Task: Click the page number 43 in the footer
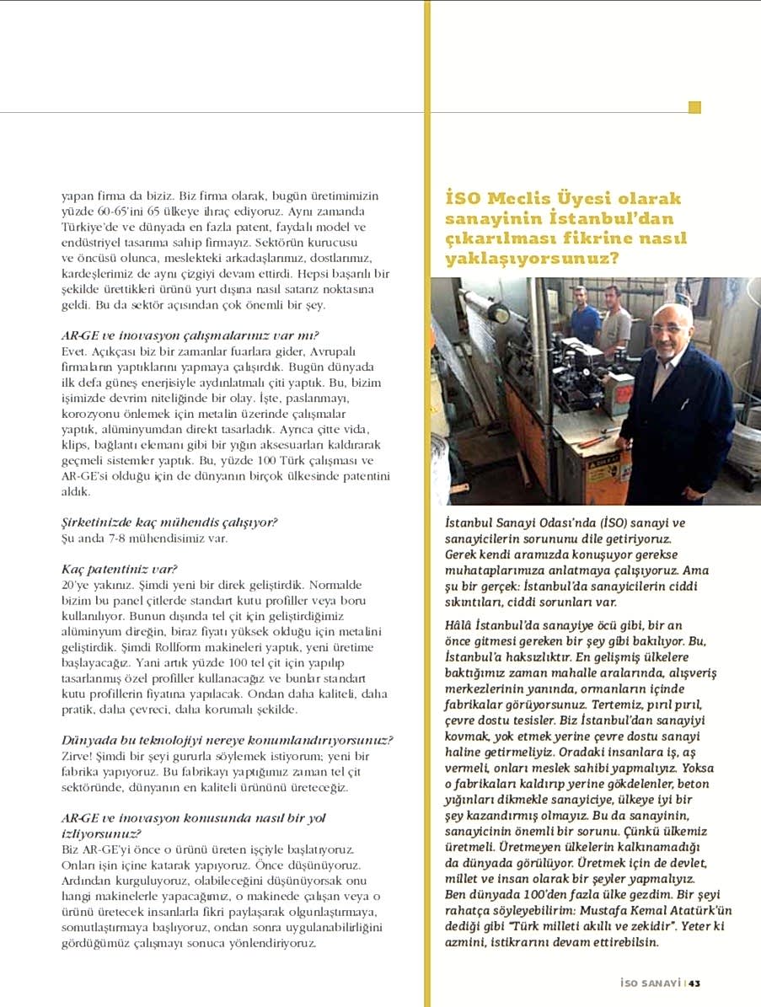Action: (695, 982)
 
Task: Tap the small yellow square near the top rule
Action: (694, 107)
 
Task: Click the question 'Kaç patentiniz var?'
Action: (121, 568)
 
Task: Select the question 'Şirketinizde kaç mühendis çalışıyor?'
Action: (169, 522)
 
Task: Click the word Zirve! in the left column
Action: (79, 756)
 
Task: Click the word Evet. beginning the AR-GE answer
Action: (76, 348)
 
